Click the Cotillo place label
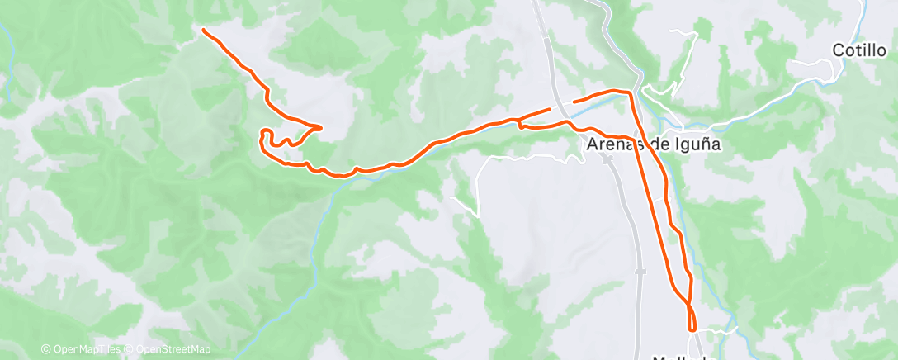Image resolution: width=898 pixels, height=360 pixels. [x=860, y=50]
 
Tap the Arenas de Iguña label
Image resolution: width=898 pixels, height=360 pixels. [x=655, y=144]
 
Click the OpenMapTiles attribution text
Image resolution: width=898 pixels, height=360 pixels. [x=83, y=349]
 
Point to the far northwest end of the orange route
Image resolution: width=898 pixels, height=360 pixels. [x=204, y=31]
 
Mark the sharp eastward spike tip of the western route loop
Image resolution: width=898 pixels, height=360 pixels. [x=319, y=126]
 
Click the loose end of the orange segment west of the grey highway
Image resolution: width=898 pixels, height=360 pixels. [x=549, y=108]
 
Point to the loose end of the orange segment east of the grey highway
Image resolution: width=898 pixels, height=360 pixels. [x=574, y=101]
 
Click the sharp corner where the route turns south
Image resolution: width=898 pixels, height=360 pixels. [x=631, y=93]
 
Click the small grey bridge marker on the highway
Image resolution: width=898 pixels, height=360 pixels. [x=640, y=271]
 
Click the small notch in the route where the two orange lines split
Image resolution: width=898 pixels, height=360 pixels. [x=521, y=126]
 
